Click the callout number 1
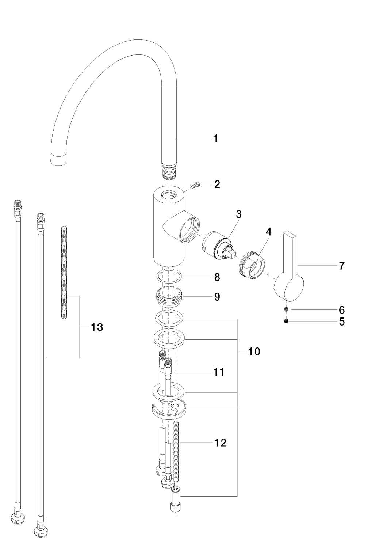pos(216,138)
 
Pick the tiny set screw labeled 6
pos(287,310)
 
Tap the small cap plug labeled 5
pos(287,321)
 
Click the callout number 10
pos(254,352)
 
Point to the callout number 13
pos(97,327)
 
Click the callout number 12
pos(220,443)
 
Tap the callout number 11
pos(219,372)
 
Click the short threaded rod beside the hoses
pos(64,273)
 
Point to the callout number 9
pos(217,297)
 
